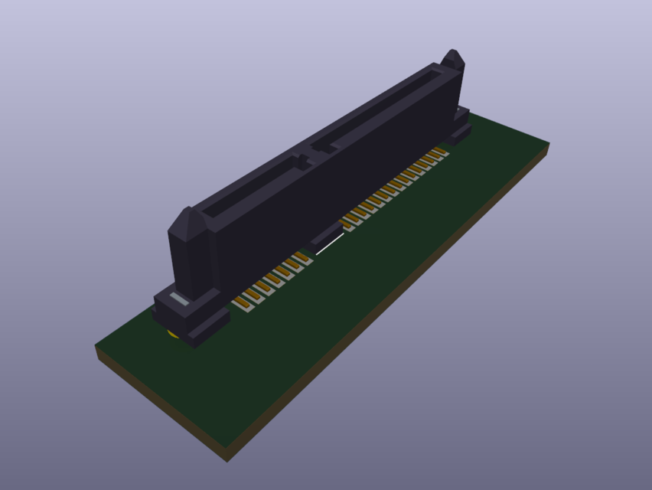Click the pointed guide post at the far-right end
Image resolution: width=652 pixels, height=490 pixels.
click(453, 61)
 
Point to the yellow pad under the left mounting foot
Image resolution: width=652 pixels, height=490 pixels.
click(174, 334)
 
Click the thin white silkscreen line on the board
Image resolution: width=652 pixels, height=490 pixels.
click(330, 244)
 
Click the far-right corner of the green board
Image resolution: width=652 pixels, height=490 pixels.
click(548, 143)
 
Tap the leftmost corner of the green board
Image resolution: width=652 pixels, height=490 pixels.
click(97, 346)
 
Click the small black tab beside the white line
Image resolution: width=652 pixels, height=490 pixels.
click(325, 234)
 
